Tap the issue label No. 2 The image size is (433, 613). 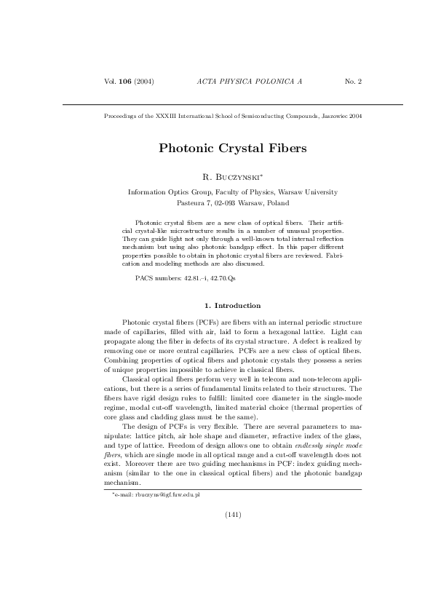coord(353,80)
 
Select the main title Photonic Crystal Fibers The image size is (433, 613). coord(233,148)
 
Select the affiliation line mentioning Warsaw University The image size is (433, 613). coord(233,192)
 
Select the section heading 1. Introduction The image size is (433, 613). coord(233,306)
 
